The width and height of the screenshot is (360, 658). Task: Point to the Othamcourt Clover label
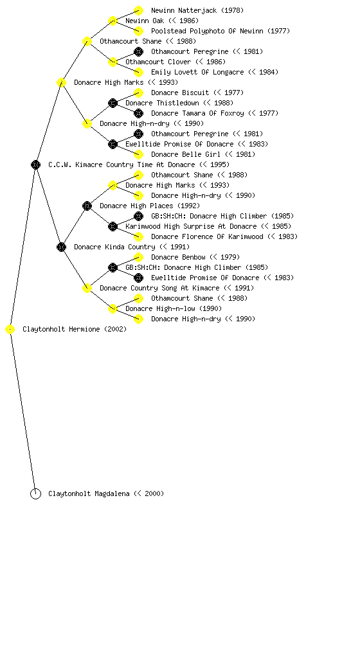point(158,62)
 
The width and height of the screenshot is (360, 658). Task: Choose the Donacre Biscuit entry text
point(180,93)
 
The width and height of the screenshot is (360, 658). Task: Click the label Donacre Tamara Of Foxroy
point(197,113)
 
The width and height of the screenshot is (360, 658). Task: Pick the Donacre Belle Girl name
point(185,154)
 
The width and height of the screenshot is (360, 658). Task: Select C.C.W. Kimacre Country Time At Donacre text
point(122,164)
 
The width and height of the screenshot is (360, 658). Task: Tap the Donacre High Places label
point(136,206)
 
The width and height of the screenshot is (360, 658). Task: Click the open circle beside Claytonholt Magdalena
point(35,493)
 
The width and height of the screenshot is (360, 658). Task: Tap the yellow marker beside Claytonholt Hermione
point(10,330)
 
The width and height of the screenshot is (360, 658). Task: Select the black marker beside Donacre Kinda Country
point(61,247)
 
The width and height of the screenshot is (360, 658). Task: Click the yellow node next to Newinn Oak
point(113,21)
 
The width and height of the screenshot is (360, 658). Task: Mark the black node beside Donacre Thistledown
point(113,103)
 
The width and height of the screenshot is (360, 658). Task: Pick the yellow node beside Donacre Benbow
point(138,257)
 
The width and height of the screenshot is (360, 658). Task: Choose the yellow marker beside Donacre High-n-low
point(113,309)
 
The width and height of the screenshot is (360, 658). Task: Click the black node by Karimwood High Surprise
point(113,227)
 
